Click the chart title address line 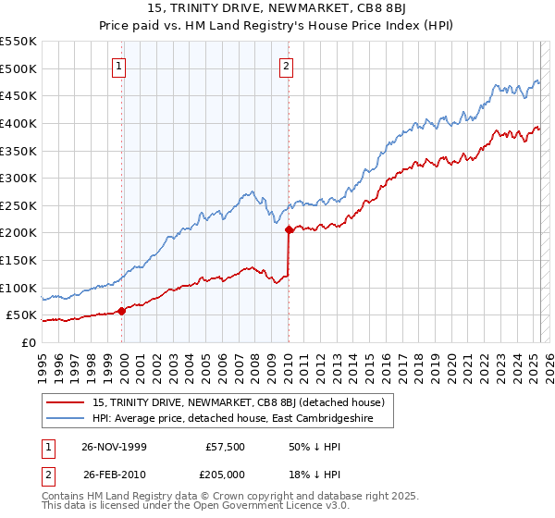[x=277, y=9]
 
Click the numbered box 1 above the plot [x=121, y=66]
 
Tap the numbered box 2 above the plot [x=287, y=66]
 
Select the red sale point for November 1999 [x=121, y=311]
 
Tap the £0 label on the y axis [x=28, y=342]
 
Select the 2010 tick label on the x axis [x=290, y=361]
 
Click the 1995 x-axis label [x=43, y=361]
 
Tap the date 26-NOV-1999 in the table [x=116, y=445]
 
